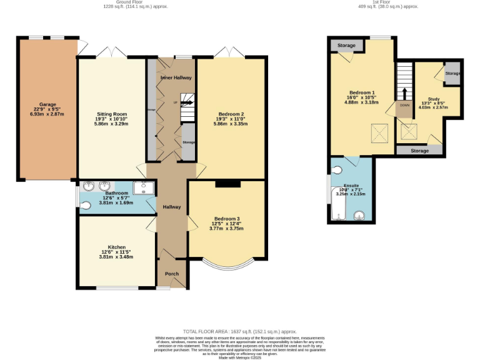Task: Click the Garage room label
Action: [48, 104]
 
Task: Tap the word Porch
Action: [171, 274]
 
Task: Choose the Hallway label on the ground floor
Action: [172, 207]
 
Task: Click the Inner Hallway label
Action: [176, 77]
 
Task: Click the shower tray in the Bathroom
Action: [144, 187]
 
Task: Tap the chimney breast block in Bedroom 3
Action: [227, 184]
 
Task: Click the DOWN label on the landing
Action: [404, 106]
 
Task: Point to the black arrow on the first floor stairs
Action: [404, 93]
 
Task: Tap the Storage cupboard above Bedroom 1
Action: [346, 46]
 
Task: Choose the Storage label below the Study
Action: [420, 151]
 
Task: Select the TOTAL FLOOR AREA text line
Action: [239, 331]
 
